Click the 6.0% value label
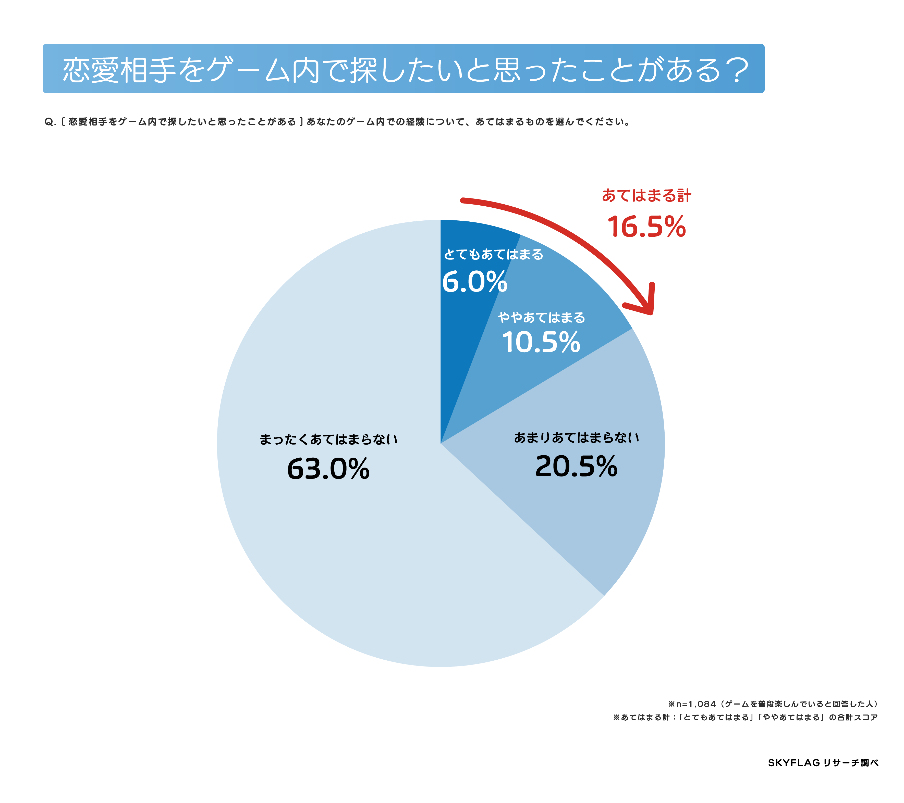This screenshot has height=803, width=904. [474, 282]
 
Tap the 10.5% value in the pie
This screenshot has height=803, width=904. [541, 343]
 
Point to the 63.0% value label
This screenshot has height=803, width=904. [328, 469]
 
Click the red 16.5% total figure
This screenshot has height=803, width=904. [646, 227]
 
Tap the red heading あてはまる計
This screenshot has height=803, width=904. [646, 195]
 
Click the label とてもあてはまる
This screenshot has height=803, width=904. [493, 255]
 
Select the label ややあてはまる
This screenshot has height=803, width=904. [541, 317]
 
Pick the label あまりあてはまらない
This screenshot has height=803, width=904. [576, 437]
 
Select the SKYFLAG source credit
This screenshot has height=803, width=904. [823, 763]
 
